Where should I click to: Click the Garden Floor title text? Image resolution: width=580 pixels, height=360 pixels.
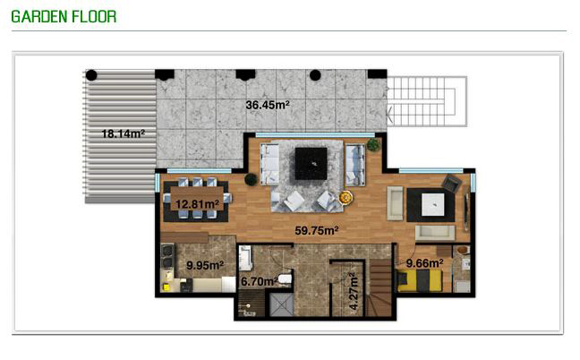click(64, 17)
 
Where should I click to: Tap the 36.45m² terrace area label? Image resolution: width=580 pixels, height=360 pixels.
click(268, 105)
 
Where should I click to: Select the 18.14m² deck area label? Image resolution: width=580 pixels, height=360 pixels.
click(124, 133)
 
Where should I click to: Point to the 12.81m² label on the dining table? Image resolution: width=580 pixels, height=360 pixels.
click(197, 204)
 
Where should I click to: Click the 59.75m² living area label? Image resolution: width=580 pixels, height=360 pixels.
click(317, 230)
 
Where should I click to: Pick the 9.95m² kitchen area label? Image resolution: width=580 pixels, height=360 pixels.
click(205, 265)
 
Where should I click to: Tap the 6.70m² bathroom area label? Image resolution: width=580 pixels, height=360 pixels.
click(259, 281)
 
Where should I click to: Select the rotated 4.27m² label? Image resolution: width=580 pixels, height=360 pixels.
click(354, 291)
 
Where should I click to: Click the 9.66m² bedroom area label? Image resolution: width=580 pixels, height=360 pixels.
click(424, 263)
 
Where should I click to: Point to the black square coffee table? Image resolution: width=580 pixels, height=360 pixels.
click(311, 164)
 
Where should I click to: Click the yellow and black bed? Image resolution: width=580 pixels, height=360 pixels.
click(419, 280)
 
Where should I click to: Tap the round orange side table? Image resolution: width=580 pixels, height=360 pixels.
click(345, 198)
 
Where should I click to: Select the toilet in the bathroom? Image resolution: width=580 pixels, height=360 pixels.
click(285, 279)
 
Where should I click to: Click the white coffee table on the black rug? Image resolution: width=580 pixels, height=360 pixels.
click(433, 204)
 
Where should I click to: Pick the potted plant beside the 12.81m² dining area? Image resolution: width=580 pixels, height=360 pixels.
click(251, 179)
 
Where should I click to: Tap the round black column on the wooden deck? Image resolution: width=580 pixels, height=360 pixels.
click(91, 75)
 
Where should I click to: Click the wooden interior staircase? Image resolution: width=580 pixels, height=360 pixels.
click(380, 287)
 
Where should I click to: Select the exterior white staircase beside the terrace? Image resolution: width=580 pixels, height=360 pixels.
click(427, 101)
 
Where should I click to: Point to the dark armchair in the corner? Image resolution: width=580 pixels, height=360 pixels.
click(452, 183)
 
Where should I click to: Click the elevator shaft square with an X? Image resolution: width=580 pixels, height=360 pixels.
click(281, 304)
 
